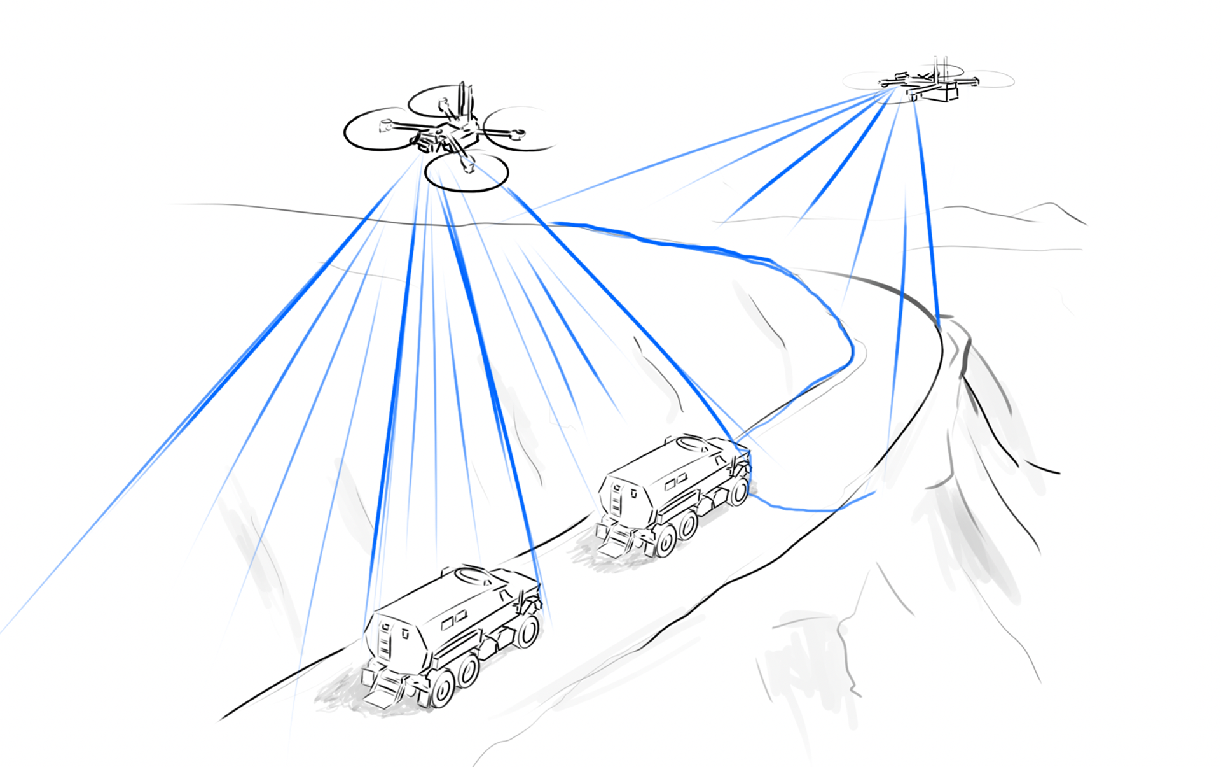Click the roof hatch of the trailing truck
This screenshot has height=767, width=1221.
point(473,575)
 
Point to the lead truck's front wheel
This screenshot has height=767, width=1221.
point(739,491)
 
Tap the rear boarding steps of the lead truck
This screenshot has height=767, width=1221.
point(612,544)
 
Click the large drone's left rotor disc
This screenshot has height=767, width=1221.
point(375,129)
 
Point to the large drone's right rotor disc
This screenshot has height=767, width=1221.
point(518,129)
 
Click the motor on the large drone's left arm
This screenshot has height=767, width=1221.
point(385,125)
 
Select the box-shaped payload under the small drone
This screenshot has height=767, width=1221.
point(941,92)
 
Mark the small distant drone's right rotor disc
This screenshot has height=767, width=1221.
point(989,80)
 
